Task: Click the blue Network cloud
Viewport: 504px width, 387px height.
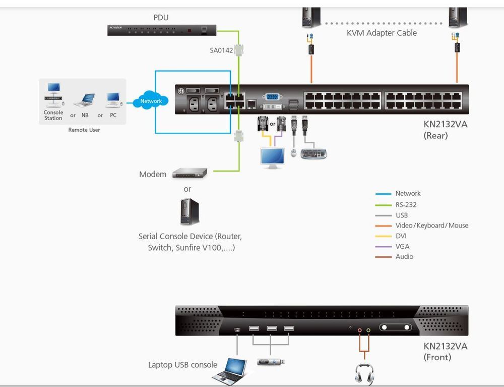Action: pyautogui.click(x=151, y=101)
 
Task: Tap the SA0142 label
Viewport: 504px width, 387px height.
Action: pyautogui.click(x=221, y=50)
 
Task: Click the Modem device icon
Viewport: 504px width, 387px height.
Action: pyautogui.click(x=190, y=174)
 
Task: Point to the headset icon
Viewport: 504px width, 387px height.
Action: pyautogui.click(x=364, y=374)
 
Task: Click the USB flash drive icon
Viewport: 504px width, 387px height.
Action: pyautogui.click(x=271, y=362)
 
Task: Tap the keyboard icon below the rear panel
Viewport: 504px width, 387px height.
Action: pyautogui.click(x=313, y=154)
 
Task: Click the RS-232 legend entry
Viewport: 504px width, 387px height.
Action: pyautogui.click(x=406, y=205)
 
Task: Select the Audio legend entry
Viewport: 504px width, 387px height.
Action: pyautogui.click(x=404, y=257)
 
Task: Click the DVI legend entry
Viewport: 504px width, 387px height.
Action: pyautogui.click(x=401, y=236)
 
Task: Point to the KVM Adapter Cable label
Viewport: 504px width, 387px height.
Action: pyautogui.click(x=382, y=33)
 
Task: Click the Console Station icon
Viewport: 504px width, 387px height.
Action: pyautogui.click(x=53, y=96)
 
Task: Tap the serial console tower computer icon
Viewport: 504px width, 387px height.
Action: pyautogui.click(x=190, y=212)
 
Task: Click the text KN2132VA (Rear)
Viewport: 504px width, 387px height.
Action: pyautogui.click(x=446, y=129)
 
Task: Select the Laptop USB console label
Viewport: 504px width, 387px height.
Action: pyautogui.click(x=182, y=365)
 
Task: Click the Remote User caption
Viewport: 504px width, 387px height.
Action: pyautogui.click(x=84, y=130)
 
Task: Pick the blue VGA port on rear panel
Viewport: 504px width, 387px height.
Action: pyautogui.click(x=273, y=97)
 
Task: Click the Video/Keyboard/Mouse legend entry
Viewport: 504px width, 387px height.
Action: pyautogui.click(x=431, y=226)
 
